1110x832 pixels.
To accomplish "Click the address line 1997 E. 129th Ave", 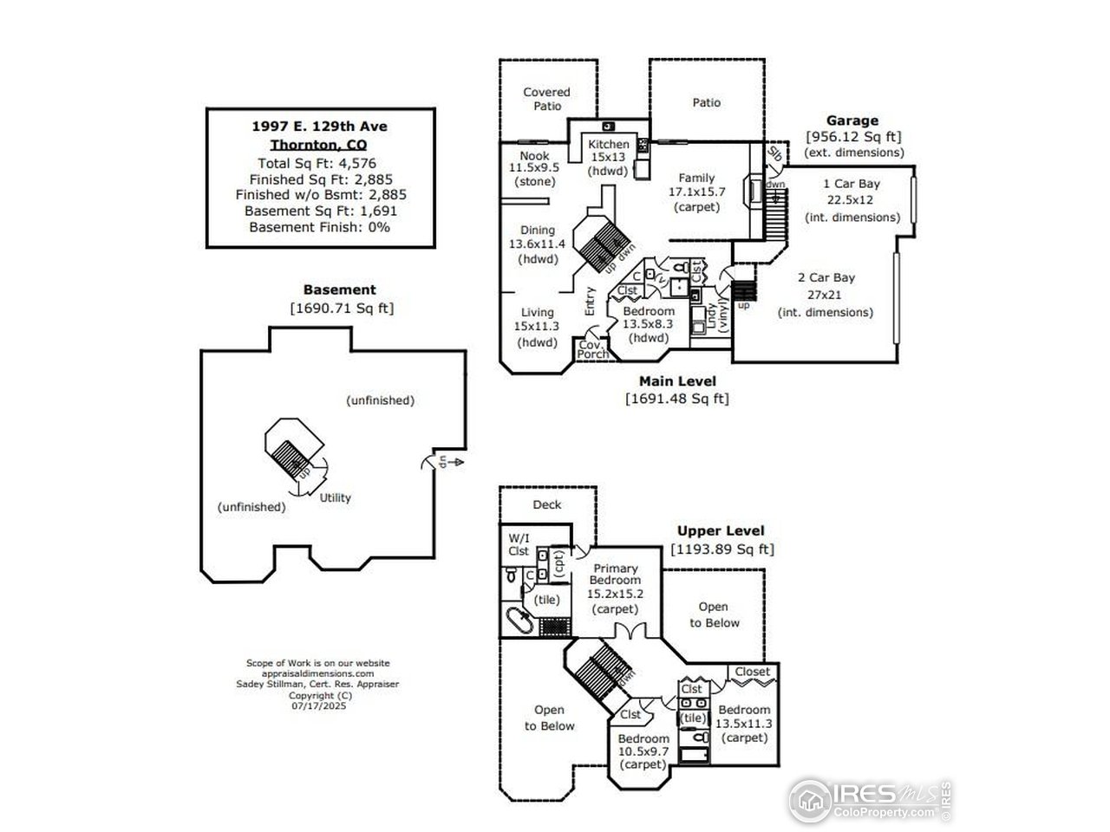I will (319, 127).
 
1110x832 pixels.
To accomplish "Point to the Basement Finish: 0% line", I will (319, 227).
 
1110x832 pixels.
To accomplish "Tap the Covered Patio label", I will (546, 99).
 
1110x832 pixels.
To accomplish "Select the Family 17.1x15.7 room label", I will (696, 192).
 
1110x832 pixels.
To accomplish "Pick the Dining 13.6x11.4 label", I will (537, 244).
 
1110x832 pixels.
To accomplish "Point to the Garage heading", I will (852, 120).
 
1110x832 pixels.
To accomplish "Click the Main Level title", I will (677, 380).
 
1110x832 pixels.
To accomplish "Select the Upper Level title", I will (721, 530).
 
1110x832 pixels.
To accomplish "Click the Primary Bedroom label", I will (614, 588).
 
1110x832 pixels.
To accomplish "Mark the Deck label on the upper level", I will (546, 504).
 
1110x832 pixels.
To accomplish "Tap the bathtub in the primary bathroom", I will (520, 621).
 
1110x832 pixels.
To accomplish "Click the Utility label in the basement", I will (336, 497).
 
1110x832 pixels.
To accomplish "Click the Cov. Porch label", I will (593, 349).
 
